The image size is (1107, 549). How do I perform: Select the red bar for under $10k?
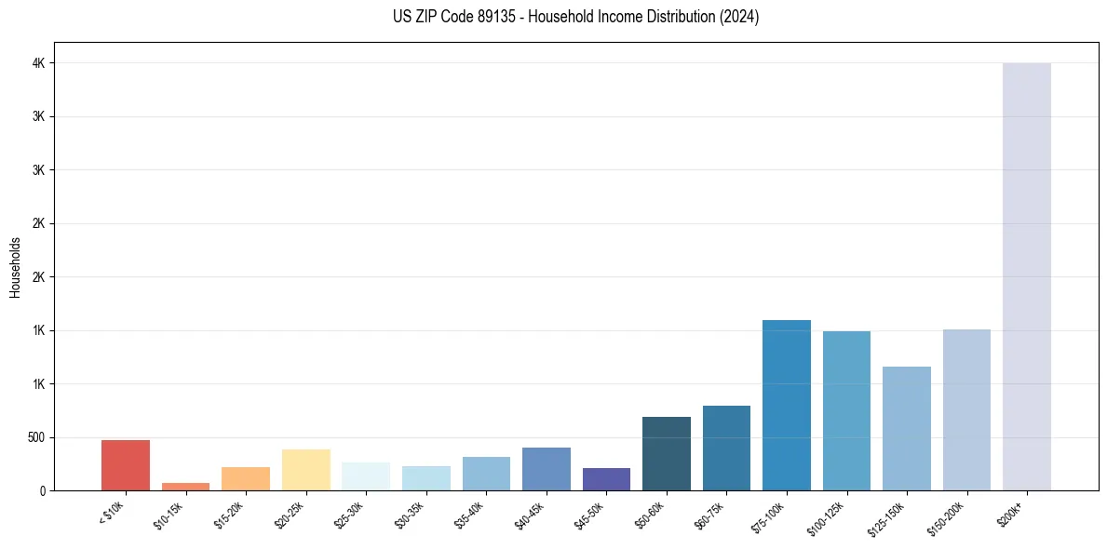point(125,465)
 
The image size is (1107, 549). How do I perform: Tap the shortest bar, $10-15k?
point(185,487)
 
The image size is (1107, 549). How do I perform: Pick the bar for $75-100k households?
point(786,405)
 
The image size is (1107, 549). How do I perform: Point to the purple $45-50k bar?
point(606,479)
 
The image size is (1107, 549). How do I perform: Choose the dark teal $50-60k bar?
point(666,453)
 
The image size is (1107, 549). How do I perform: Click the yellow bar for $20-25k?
point(305,470)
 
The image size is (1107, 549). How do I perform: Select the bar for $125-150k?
point(906,428)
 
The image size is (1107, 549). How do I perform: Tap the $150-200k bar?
point(966,409)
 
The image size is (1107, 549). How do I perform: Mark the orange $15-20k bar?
point(245,478)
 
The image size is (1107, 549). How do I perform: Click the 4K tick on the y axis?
point(38,63)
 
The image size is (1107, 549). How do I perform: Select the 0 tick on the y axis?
point(43,490)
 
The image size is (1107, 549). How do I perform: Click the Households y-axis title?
point(15,267)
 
